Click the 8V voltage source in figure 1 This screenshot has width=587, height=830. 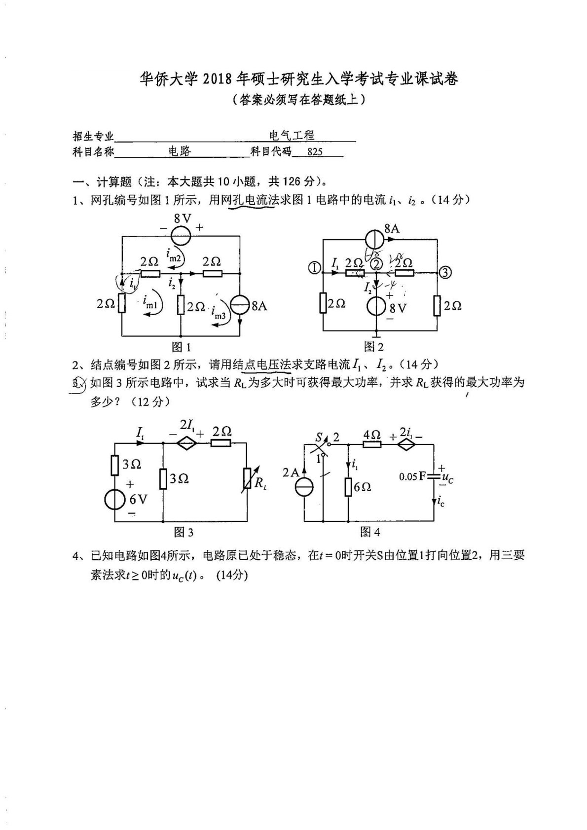[181, 235]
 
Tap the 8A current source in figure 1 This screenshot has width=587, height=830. [240, 306]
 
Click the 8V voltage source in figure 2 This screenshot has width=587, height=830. [377, 306]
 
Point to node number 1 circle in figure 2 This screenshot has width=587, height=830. [314, 268]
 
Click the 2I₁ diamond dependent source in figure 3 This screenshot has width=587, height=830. [187, 443]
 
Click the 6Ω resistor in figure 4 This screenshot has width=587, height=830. [348, 487]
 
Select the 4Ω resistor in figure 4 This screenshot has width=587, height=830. [371, 444]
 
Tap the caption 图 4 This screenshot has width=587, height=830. [370, 532]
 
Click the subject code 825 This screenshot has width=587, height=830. [315, 152]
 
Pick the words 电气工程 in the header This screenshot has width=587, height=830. [292, 135]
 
